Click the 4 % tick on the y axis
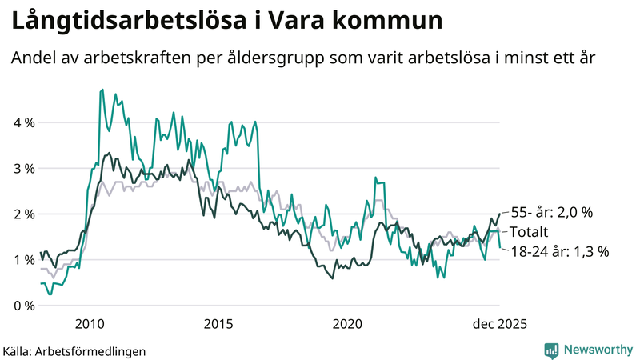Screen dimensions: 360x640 coord(22,123)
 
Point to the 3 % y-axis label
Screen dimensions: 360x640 coord(22,169)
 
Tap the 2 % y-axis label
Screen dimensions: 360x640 coord(22,214)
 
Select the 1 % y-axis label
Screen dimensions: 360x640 coord(22,260)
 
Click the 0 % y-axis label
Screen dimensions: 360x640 coord(22,306)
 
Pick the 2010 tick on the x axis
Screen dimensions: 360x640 coord(90,324)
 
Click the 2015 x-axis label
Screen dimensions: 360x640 coord(218,324)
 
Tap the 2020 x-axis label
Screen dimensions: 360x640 coord(347,324)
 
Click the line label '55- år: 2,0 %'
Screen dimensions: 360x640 coord(553,213)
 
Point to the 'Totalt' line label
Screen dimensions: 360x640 coord(529,232)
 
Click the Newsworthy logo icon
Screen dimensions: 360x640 coord(551,350)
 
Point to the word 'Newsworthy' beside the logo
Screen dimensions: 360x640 coord(597,350)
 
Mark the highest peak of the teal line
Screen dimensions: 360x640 coord(102,90)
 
